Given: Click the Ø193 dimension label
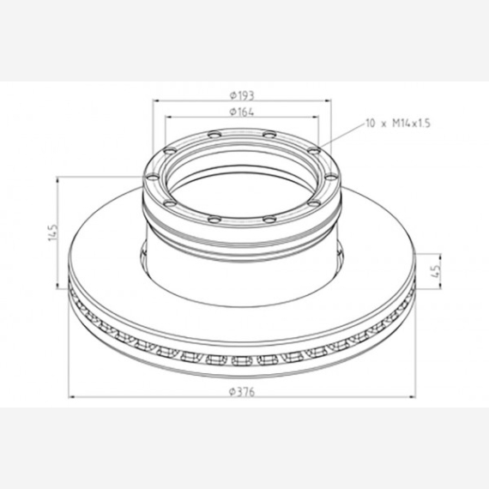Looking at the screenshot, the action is point(242,95).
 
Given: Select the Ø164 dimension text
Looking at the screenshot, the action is point(242,112).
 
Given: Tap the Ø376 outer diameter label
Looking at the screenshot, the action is point(242,392).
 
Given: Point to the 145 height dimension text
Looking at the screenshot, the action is point(53,232).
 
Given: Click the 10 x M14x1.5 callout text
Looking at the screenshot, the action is point(398,124).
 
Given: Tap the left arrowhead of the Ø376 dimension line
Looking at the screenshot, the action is point(72,397).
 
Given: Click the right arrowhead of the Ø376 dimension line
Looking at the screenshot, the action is point(412,397).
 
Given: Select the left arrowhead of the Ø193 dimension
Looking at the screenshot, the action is point(156,100).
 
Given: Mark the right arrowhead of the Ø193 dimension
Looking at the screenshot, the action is point(328,100).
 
